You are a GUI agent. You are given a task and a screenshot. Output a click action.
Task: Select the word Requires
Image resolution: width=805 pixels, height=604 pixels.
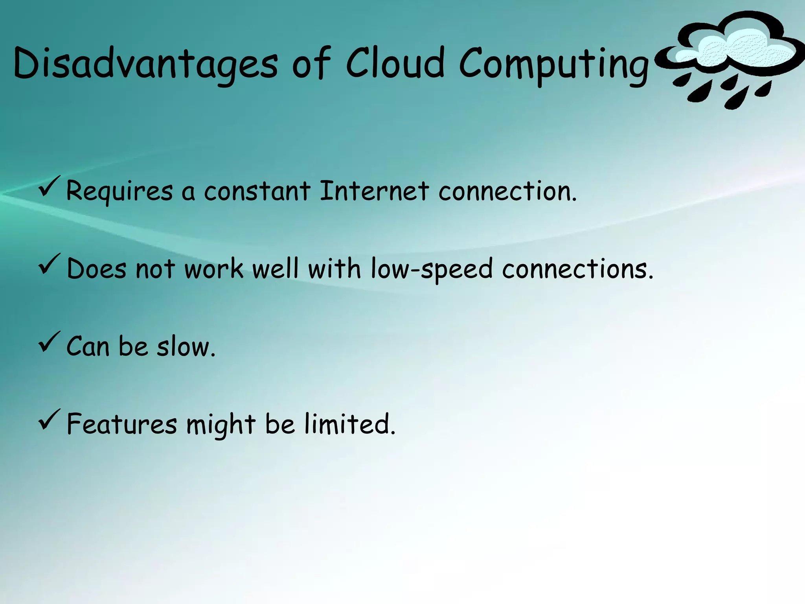pos(119,192)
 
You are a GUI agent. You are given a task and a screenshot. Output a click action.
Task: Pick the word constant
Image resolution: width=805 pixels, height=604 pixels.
pos(257,191)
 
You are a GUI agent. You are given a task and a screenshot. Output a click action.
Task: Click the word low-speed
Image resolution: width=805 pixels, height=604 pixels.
pos(432,269)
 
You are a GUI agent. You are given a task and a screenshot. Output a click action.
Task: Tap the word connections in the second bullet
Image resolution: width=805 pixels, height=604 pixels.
pos(577,269)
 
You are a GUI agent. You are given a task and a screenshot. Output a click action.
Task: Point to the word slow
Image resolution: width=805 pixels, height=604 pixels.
pos(186,347)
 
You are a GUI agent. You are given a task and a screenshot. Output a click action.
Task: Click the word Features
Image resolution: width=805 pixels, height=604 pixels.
pos(122,424)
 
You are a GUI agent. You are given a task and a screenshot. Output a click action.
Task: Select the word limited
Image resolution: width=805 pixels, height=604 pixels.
pos(350,424)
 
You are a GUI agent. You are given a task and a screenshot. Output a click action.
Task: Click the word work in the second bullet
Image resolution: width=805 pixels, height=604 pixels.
pos(214,269)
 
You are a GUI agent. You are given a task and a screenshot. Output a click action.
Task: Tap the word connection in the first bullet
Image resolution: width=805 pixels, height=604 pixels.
pos(507,191)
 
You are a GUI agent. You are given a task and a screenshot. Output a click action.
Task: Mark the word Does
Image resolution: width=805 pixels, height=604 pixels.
pos(97,269)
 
